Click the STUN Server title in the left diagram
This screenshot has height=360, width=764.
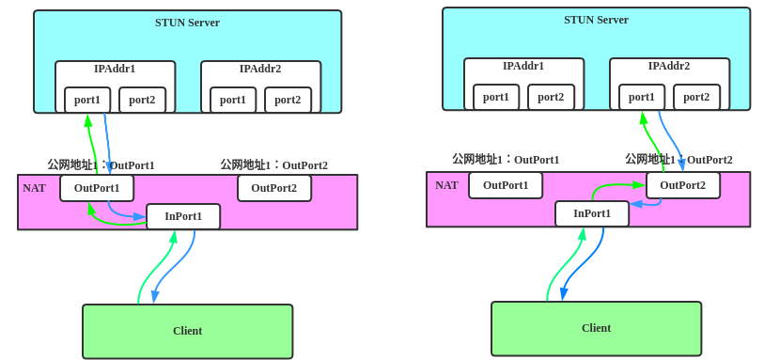pyautogui.click(x=187, y=23)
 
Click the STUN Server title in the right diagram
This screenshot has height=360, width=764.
pyautogui.click(x=596, y=20)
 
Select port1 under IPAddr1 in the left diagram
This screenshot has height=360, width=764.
pyautogui.click(x=87, y=100)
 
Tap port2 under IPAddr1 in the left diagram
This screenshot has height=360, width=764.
pyautogui.click(x=142, y=100)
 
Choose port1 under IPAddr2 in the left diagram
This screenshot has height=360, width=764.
pyautogui.click(x=233, y=100)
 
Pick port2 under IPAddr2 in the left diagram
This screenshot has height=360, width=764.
pyautogui.click(x=288, y=100)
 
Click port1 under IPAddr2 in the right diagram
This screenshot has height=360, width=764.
pyautogui.click(x=642, y=97)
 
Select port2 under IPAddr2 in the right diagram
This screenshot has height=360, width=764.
pyautogui.click(x=696, y=97)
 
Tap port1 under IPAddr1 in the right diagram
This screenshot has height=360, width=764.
pyautogui.click(x=496, y=97)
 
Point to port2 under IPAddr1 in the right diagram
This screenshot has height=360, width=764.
pyautogui.click(x=551, y=97)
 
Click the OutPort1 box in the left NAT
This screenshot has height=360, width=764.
pyautogui.click(x=97, y=188)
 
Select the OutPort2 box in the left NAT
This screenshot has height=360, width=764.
pyautogui.click(x=273, y=188)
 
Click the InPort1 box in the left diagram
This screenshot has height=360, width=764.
pyautogui.click(x=183, y=216)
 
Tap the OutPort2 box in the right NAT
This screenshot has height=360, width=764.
pyautogui.click(x=682, y=185)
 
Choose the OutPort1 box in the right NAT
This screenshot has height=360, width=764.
pyautogui.click(x=506, y=185)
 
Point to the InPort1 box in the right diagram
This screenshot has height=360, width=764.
pyautogui.click(x=592, y=213)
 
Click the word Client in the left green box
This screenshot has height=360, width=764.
pyautogui.click(x=187, y=331)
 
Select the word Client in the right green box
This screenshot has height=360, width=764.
pyautogui.click(x=596, y=328)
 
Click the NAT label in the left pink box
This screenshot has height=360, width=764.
pyautogui.click(x=34, y=188)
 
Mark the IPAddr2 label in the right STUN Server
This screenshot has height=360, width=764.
pyautogui.click(x=668, y=66)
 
